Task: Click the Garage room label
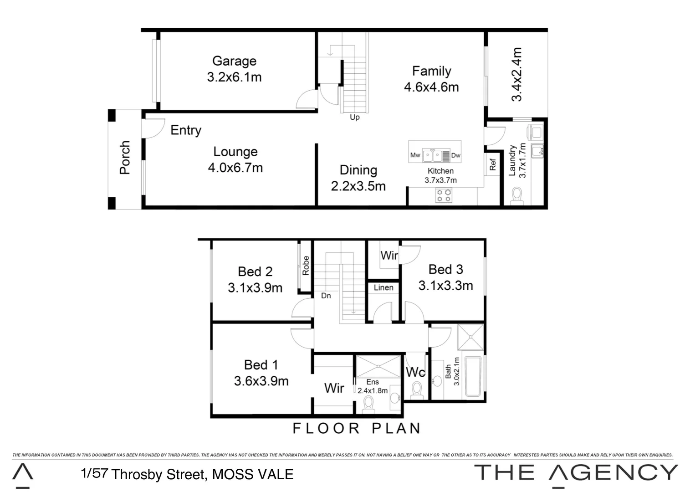click(234, 61)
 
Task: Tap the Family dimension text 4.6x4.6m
click(431, 87)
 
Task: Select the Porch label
click(125, 158)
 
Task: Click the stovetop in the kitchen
click(444, 195)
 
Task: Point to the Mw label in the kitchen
click(415, 155)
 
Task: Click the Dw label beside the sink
click(455, 155)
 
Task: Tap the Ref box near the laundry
click(492, 165)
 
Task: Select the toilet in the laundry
click(517, 195)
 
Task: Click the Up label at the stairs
click(354, 118)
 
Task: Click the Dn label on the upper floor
click(326, 296)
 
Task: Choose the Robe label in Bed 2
click(306, 266)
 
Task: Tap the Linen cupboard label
click(383, 287)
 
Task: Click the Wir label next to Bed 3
click(389, 256)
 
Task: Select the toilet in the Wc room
click(416, 390)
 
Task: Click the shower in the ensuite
click(378, 367)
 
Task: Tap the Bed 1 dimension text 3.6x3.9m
click(261, 381)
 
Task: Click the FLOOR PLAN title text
click(356, 428)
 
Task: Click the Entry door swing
click(153, 128)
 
